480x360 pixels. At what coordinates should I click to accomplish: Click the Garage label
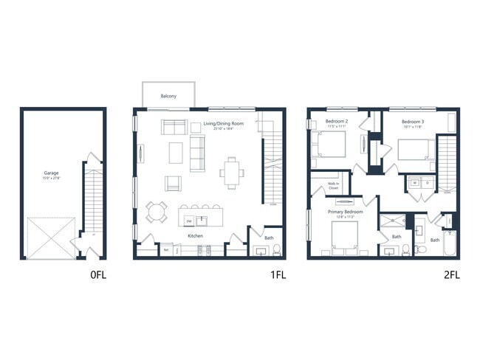click(x=51, y=173)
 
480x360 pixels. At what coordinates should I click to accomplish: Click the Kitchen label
click(x=195, y=236)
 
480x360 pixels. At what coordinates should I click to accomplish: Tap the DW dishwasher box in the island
click(x=190, y=220)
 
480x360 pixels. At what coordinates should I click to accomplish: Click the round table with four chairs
click(x=156, y=212)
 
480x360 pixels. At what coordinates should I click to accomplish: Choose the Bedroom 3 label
click(x=412, y=121)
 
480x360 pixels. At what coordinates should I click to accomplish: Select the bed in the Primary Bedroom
click(x=345, y=237)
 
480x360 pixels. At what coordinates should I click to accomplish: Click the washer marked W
click(x=414, y=182)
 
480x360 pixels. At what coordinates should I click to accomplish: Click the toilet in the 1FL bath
click(x=276, y=249)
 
